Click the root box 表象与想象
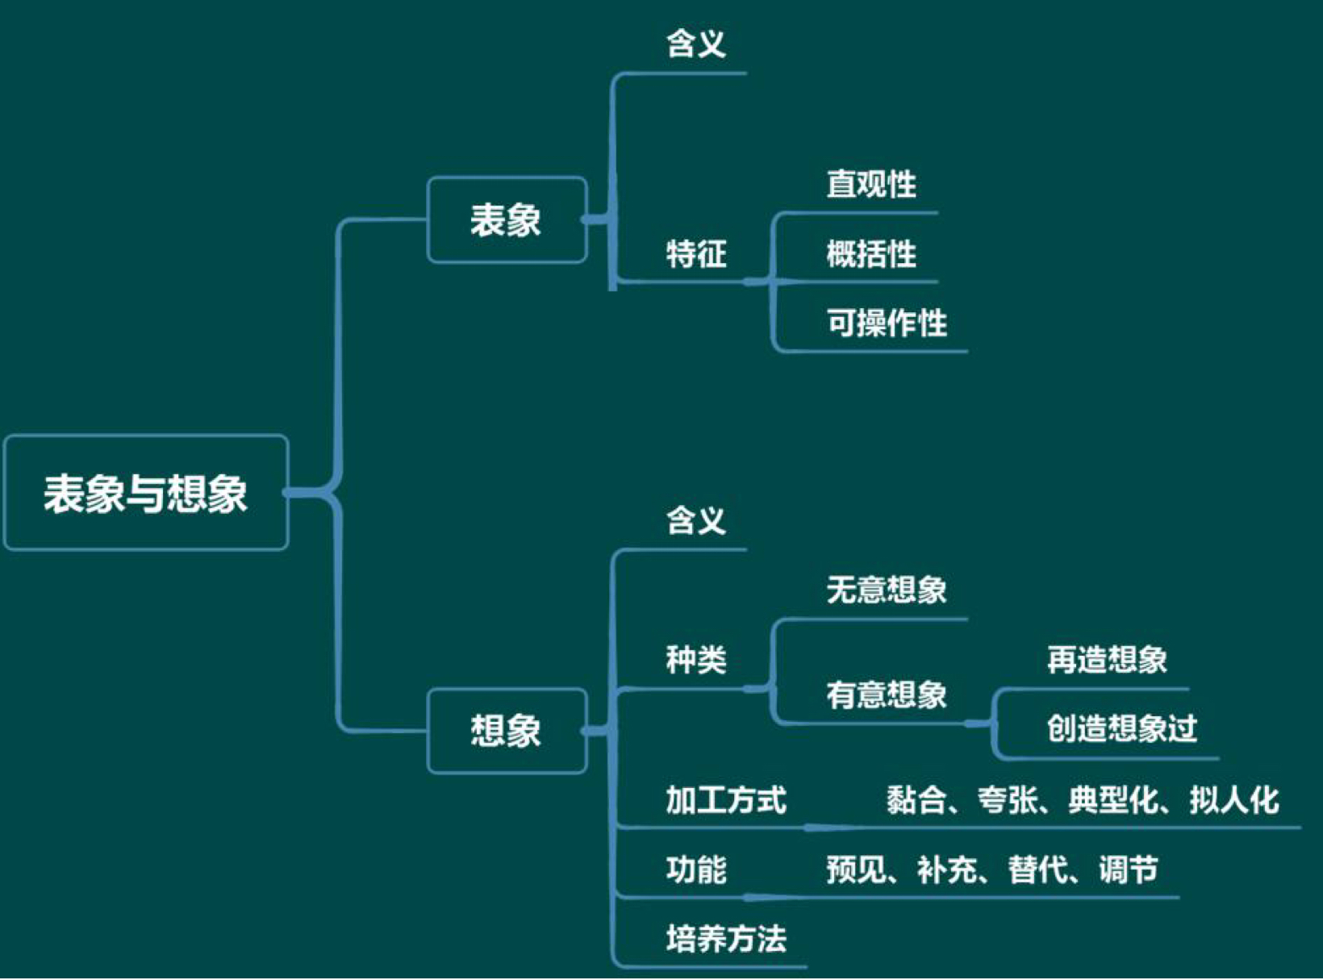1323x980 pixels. click(146, 493)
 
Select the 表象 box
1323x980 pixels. click(506, 220)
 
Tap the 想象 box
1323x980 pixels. click(506, 732)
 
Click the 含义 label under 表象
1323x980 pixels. click(695, 44)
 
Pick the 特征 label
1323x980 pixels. click(695, 254)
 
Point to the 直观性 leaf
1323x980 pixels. click(871, 185)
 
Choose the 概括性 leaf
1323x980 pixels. click(871, 254)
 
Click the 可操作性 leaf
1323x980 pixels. click(887, 323)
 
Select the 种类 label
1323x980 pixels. click(695, 661)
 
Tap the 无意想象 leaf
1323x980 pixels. click(887, 590)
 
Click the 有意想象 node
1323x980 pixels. click(887, 695)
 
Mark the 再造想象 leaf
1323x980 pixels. click(1107, 661)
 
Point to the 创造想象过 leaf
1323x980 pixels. click(1121, 729)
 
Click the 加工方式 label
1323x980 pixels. click(726, 800)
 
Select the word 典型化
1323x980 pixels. click(1113, 800)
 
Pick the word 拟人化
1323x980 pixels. click(1233, 800)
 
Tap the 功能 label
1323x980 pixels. click(695, 869)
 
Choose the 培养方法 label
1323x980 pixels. click(726, 939)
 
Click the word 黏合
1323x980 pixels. click(916, 800)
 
